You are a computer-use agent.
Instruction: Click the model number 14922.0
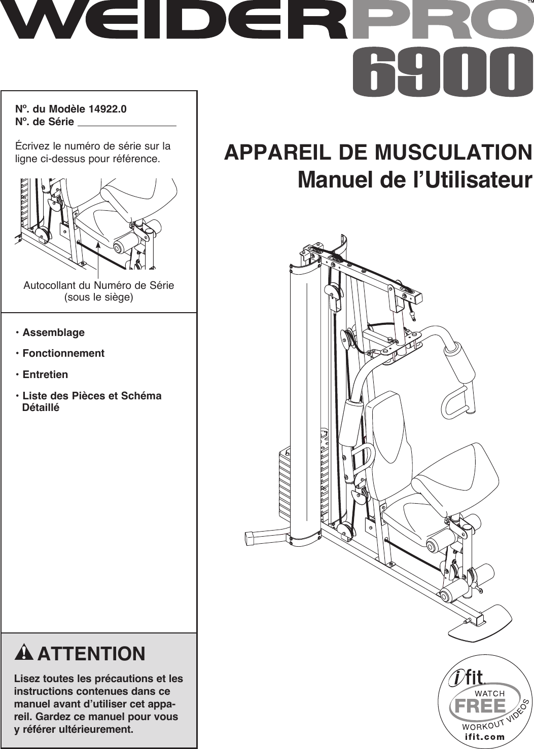point(108,109)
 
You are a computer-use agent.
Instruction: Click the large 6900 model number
point(436,73)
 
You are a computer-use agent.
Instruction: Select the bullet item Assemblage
point(53,333)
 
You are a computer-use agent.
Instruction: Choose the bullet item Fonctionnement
point(63,354)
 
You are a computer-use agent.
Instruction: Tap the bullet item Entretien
point(45,375)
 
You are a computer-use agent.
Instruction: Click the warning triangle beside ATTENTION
point(24,653)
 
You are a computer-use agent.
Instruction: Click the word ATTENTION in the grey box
point(91,654)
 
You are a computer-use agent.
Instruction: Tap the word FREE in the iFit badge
point(480,706)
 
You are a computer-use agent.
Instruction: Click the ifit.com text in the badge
point(485,737)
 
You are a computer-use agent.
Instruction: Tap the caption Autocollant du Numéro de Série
point(98,285)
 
